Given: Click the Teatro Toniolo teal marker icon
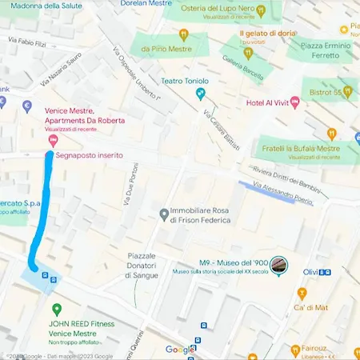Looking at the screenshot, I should point(201,95).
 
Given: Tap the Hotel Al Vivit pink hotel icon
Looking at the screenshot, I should point(295,102).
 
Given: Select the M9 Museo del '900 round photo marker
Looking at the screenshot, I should point(278,266).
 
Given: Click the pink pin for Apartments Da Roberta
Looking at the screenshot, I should point(53,141).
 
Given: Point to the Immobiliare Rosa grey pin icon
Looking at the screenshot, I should point(164,214).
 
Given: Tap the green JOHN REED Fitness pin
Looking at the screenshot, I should point(56,310).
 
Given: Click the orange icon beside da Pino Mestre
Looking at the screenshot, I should point(183,34).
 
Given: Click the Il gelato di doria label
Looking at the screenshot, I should point(267,33).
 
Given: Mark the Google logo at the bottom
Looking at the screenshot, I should point(180,350).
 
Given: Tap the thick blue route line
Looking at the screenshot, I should point(44,208).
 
